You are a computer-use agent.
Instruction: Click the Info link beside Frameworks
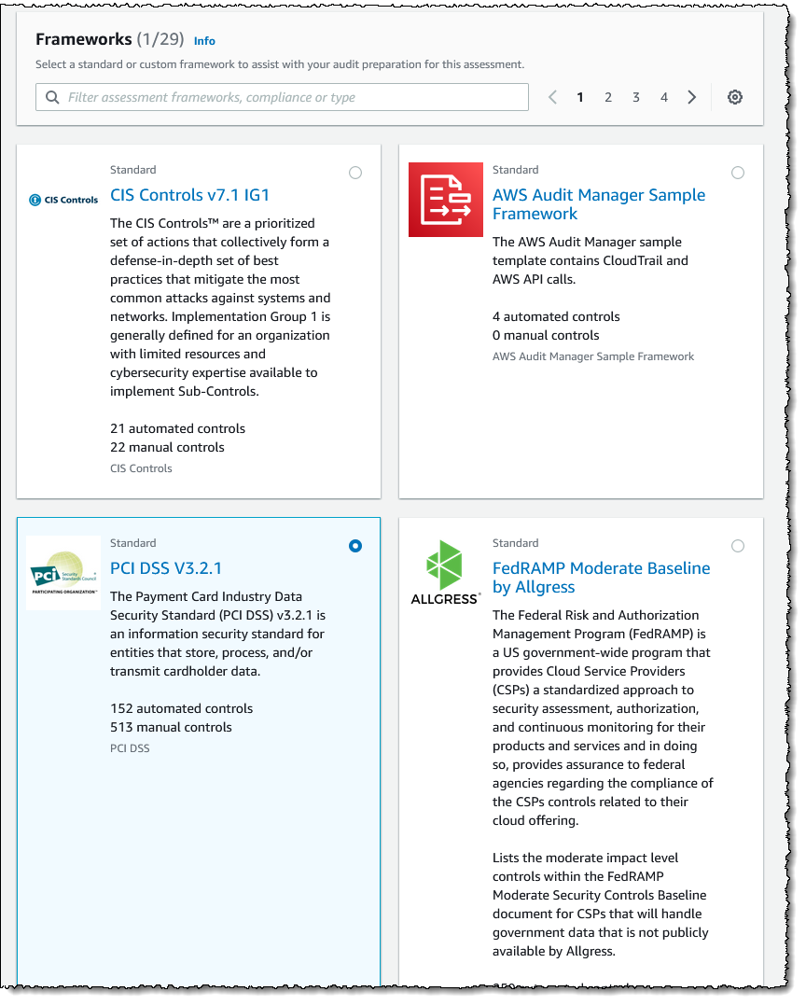pyautogui.click(x=204, y=41)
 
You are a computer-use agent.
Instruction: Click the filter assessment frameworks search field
pyautogui.click(x=289, y=97)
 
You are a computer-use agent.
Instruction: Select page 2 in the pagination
pyautogui.click(x=608, y=97)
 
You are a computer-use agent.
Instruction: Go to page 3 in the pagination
pyautogui.click(x=636, y=97)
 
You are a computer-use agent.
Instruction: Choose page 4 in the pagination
pyautogui.click(x=664, y=97)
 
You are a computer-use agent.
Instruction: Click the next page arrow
pyautogui.click(x=691, y=97)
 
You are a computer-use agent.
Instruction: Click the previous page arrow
pyautogui.click(x=552, y=97)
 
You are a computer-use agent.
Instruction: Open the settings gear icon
pyautogui.click(x=735, y=97)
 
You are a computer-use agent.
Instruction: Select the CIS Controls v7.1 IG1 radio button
pyautogui.click(x=355, y=173)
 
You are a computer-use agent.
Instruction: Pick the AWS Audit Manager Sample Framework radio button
pyautogui.click(x=738, y=173)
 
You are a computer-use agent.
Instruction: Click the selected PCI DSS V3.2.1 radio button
pyautogui.click(x=355, y=546)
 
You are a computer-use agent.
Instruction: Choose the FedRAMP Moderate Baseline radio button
pyautogui.click(x=738, y=546)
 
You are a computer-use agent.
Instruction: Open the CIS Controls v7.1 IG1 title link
pyautogui.click(x=190, y=195)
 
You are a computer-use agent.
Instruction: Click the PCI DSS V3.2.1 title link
pyautogui.click(x=166, y=568)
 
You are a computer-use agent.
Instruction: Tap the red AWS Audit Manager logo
pyautogui.click(x=446, y=200)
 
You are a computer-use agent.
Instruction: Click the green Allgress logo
pyautogui.click(x=445, y=571)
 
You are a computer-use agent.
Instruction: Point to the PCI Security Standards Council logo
pyautogui.click(x=63, y=573)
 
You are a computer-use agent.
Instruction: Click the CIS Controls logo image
pyautogui.click(x=63, y=200)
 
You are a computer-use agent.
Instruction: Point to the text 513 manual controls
pyautogui.click(x=171, y=727)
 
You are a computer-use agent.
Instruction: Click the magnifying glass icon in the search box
pyautogui.click(x=52, y=97)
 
